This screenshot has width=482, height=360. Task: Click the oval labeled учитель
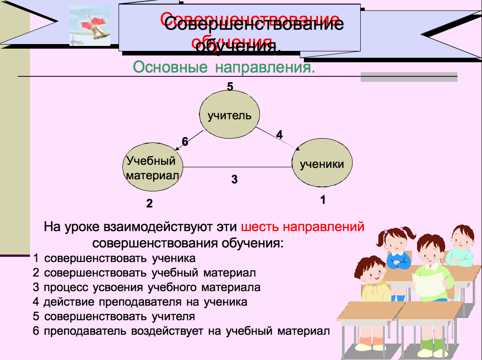click(x=229, y=114)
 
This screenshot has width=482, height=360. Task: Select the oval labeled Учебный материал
click(x=153, y=167)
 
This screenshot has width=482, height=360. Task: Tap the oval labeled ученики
click(x=322, y=163)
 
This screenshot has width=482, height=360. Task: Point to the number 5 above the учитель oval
click(x=230, y=86)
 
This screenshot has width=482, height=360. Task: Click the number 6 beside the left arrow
click(x=185, y=141)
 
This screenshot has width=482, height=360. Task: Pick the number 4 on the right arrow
click(x=279, y=135)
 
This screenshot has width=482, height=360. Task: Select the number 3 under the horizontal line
click(x=234, y=179)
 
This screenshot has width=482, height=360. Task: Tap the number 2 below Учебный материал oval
click(x=149, y=203)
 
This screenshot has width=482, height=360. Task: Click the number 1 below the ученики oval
click(x=323, y=200)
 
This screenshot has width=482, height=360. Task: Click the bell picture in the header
click(x=90, y=25)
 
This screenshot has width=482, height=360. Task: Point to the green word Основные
click(x=170, y=67)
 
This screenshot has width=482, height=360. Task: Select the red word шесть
click(x=260, y=227)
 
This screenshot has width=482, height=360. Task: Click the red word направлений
click(x=323, y=227)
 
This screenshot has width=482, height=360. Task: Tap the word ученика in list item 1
click(x=174, y=259)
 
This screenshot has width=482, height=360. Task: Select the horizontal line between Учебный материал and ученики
click(x=237, y=167)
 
